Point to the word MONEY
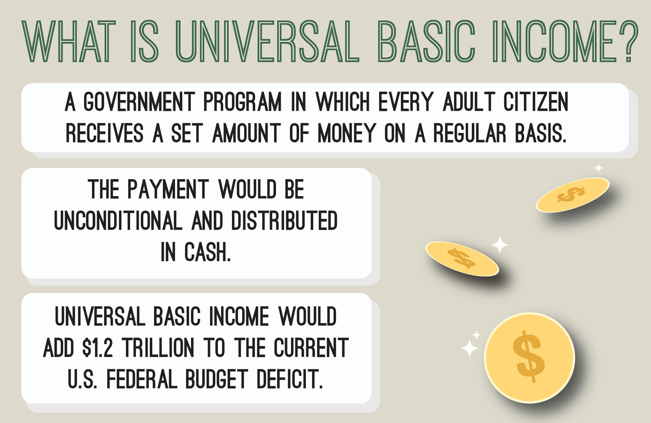[347, 133]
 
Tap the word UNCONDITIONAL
[118, 220]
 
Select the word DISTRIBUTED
[284, 220]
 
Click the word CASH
[208, 252]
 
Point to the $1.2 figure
[97, 348]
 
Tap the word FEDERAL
[142, 379]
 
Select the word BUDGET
[217, 379]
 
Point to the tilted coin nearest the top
[573, 195]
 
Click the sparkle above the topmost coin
[598, 168]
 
